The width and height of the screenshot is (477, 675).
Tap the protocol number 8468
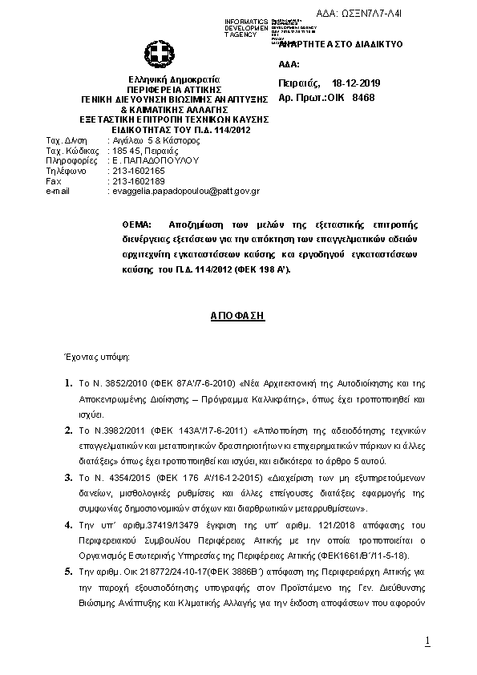click(x=363, y=97)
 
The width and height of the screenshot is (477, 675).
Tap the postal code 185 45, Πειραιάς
click(x=145, y=150)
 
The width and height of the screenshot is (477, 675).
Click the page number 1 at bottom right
click(x=428, y=641)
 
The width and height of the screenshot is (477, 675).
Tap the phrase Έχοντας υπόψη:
click(x=96, y=354)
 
